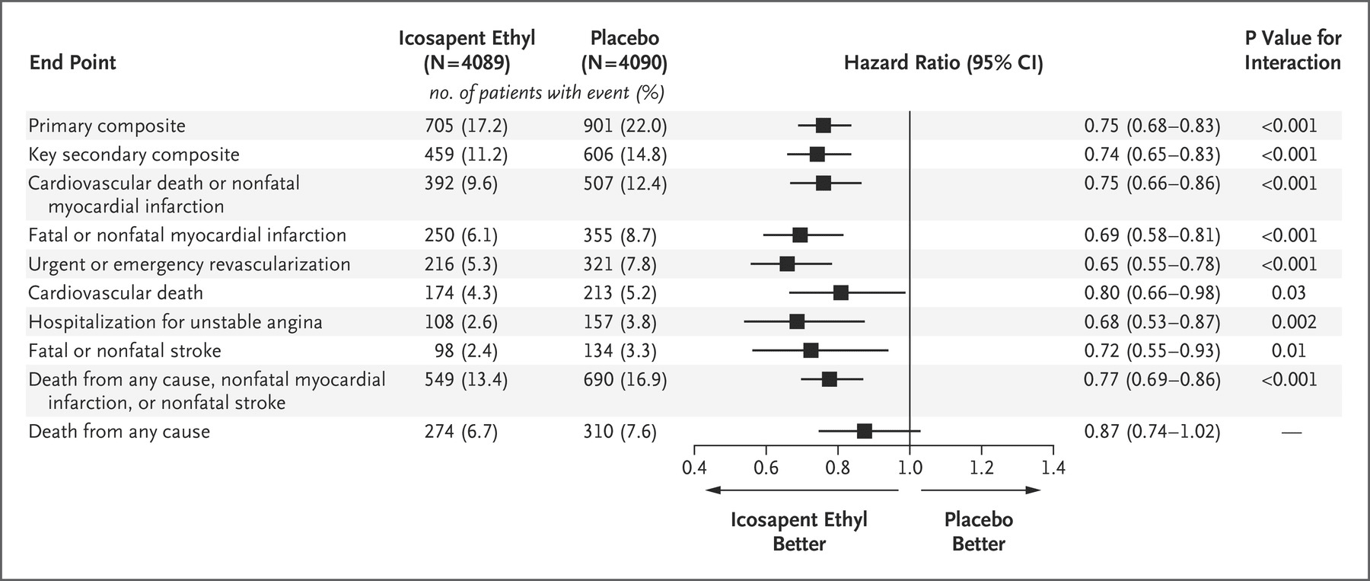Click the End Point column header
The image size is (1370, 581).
coord(72,62)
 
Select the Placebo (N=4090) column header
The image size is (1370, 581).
coord(624,50)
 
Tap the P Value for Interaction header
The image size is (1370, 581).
coord(1292,50)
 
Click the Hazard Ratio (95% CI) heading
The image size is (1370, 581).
coord(943,62)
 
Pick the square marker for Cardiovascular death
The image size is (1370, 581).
coord(840,292)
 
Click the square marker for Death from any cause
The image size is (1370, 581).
coord(864,431)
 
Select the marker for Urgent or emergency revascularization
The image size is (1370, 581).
coord(787,263)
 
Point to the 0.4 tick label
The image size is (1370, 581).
coord(693,467)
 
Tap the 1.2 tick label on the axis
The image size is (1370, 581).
coord(981,467)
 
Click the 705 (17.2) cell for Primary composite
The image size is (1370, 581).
coord(466,126)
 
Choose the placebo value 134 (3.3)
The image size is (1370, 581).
coord(620,350)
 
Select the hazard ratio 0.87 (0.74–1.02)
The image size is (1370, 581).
coord(1152,431)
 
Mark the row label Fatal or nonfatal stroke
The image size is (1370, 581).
coord(125,350)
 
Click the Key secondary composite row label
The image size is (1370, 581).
coord(134,155)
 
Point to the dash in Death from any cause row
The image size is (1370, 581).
coord(1291,432)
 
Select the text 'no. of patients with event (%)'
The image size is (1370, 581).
coord(546,93)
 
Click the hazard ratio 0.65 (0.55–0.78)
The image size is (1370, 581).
coord(1152,263)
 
